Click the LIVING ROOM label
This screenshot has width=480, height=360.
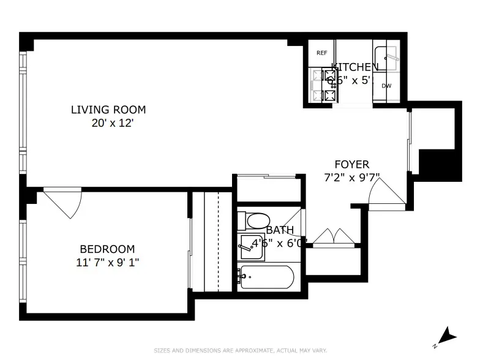pyautogui.click(x=108, y=110)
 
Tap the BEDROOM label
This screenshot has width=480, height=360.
pyautogui.click(x=107, y=249)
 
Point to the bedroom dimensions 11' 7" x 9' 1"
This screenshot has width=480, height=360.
pyautogui.click(x=108, y=263)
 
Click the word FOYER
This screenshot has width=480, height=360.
pyautogui.click(x=351, y=165)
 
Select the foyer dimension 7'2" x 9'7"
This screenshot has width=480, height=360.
pyautogui.click(x=351, y=178)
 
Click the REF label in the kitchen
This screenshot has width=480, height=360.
pyautogui.click(x=321, y=53)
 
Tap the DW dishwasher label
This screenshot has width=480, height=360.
pyautogui.click(x=386, y=86)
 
